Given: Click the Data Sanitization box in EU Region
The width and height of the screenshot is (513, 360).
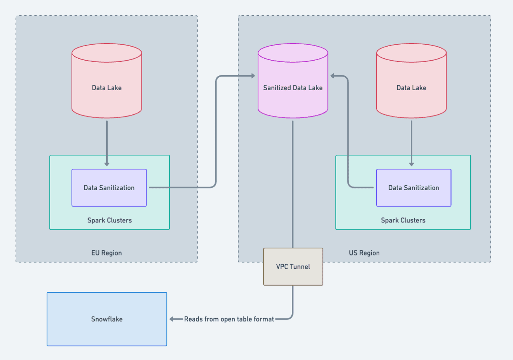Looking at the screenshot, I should click(x=109, y=188).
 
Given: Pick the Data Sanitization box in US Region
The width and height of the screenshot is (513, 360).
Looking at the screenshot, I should click(x=414, y=188).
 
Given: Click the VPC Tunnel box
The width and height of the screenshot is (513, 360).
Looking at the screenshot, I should click(x=293, y=267).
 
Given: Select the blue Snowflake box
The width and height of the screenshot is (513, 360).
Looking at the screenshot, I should click(x=107, y=319).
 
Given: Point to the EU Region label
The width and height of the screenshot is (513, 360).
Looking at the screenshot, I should click(x=106, y=253).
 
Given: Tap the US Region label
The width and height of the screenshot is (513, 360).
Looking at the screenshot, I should click(x=364, y=253).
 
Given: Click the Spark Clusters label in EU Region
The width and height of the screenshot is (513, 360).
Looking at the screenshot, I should click(x=110, y=220).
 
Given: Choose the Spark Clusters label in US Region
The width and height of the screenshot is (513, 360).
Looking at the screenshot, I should click(x=403, y=220).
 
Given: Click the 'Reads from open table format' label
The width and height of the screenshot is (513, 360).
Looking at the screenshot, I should click(x=229, y=319).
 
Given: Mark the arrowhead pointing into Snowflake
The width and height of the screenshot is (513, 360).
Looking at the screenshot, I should click(x=171, y=319).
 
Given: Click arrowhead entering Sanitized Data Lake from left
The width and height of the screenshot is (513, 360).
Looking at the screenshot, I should click(x=253, y=76).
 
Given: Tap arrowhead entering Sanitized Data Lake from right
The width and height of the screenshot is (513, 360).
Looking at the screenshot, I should click(x=333, y=76).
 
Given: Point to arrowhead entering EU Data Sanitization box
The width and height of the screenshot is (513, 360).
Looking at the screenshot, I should click(x=107, y=164).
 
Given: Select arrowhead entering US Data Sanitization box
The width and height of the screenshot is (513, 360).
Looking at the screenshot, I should click(x=412, y=164).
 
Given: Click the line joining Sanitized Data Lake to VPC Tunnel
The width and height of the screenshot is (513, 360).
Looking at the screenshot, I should click(x=293, y=183).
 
